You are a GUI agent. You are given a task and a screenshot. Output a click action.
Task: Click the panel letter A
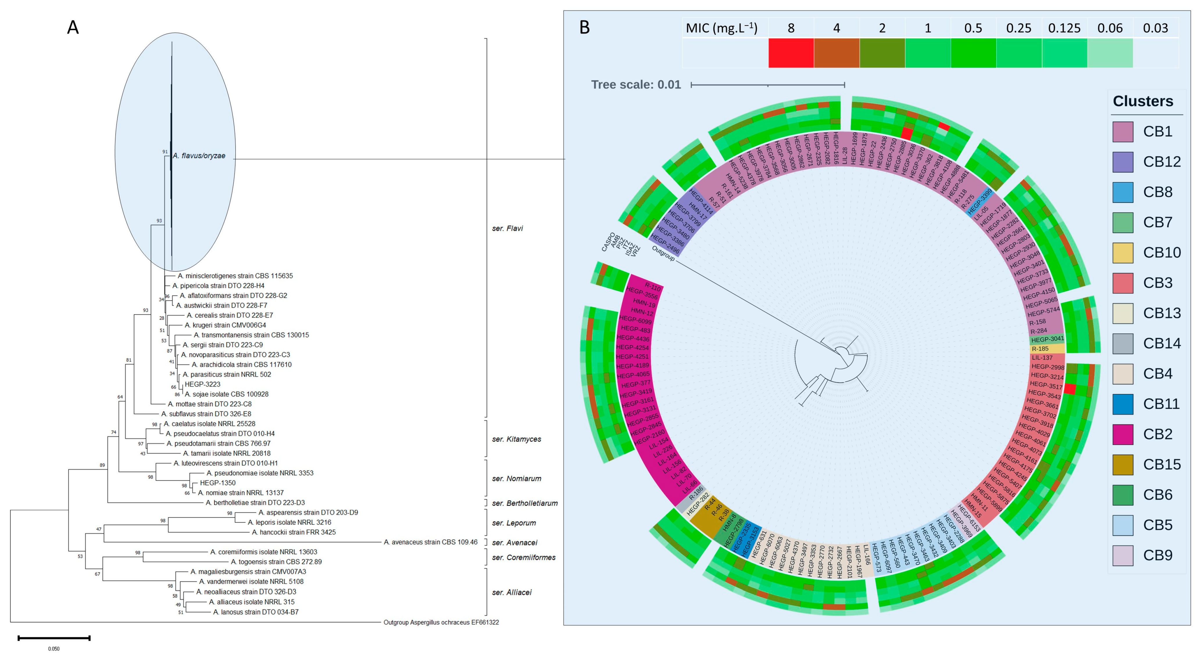pyautogui.click(x=73, y=28)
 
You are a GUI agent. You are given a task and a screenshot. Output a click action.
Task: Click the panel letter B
pyautogui.click(x=584, y=28)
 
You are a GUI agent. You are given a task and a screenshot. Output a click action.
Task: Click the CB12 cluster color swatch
pyautogui.click(x=1123, y=162)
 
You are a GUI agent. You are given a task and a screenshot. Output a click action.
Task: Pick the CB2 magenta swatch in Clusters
pyautogui.click(x=1123, y=434)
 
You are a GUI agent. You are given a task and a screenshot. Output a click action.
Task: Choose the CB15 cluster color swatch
pyautogui.click(x=1123, y=464)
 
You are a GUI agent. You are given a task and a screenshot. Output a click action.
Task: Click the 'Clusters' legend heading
pyautogui.click(x=1143, y=101)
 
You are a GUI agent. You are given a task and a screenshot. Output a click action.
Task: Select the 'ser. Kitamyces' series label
pyautogui.click(x=516, y=439)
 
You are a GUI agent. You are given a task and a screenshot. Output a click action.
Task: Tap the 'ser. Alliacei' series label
pyautogui.click(x=512, y=592)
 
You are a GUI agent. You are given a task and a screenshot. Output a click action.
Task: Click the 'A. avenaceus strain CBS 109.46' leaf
pyautogui.click(x=430, y=542)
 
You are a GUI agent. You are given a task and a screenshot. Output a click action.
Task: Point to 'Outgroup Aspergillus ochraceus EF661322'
pyautogui.click(x=441, y=622)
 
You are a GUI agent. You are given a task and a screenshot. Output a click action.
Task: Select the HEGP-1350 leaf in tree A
pyautogui.click(x=218, y=483)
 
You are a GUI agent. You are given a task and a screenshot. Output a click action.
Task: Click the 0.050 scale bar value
pyautogui.click(x=53, y=649)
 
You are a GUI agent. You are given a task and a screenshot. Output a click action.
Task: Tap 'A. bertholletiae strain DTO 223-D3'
pyautogui.click(x=255, y=503)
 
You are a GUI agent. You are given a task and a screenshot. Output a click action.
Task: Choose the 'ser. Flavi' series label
pyautogui.click(x=507, y=228)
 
